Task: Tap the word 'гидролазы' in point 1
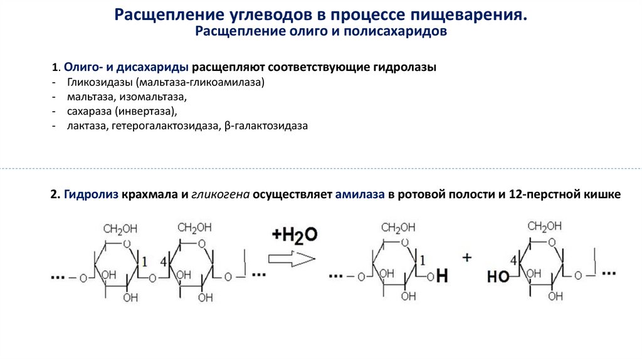point(405,67)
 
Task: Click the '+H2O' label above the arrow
point(295,235)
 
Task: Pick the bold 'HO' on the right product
point(498,276)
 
